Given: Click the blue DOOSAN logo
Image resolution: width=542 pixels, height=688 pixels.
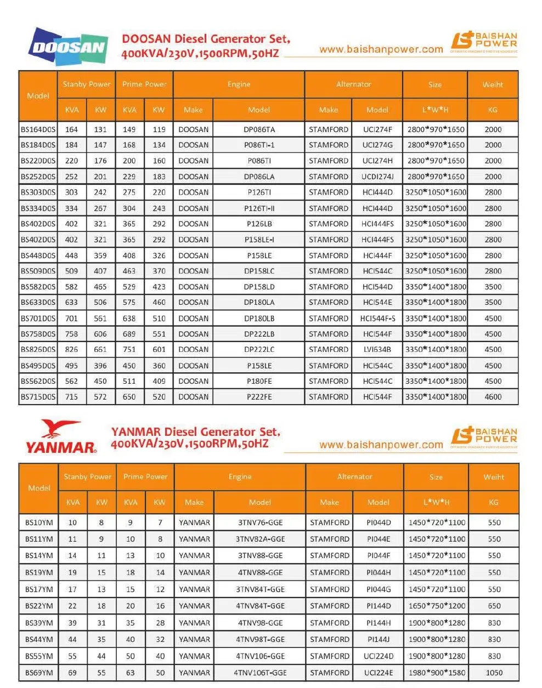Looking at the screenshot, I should coord(67,47).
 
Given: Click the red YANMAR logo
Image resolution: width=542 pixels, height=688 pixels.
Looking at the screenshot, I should coord(61,437).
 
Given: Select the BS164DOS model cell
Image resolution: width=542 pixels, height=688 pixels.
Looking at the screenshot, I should coord(38,129).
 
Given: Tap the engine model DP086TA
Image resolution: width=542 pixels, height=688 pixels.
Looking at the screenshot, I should coord(259,129).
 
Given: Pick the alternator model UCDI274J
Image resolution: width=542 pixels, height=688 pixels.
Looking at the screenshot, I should coord(377,177).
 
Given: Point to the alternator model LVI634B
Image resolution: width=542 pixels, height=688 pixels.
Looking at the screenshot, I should coord(377,349).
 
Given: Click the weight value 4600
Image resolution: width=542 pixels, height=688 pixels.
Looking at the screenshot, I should coord(493,397).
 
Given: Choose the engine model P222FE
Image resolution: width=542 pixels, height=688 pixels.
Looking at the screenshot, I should coord(259,397).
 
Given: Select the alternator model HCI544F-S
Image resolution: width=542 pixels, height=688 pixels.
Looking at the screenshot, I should coord(377,318).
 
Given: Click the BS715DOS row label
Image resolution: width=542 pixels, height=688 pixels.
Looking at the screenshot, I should coord(38,397).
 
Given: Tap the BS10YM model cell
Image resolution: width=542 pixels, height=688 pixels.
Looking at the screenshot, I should coord(39,522).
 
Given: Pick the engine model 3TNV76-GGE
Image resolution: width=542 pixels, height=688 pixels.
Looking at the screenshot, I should coord(260,522).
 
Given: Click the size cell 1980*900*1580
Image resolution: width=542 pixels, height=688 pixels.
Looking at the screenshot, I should coord(437,673).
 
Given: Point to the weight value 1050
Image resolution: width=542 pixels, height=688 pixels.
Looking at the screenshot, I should coord(494,673).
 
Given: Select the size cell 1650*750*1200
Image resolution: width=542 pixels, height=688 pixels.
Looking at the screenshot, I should coord(437,606).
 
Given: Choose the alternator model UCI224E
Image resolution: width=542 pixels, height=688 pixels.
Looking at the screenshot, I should coord(379,673).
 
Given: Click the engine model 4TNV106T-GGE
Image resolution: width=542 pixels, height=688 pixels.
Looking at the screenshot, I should coord(260,673).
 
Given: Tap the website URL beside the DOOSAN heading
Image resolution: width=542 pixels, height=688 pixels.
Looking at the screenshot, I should coord(381,49).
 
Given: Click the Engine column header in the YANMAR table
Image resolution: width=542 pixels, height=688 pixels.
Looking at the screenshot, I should coord(240,477).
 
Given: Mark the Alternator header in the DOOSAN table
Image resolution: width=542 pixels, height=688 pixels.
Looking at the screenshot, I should coord(354,84).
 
